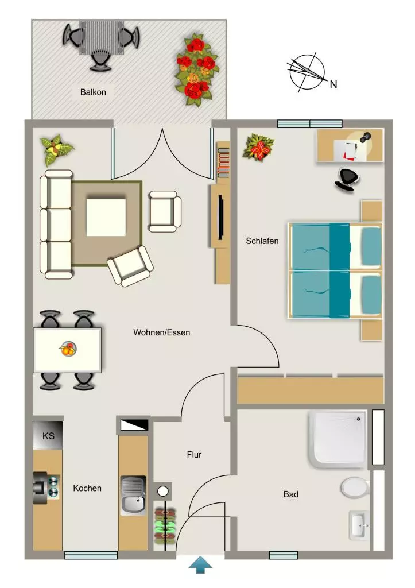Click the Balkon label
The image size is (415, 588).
(x=93, y=92)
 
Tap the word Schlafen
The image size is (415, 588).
(x=262, y=241)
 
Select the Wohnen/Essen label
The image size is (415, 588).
(x=161, y=332)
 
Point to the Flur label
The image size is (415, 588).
(x=194, y=455)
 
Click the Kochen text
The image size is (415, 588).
(x=87, y=488)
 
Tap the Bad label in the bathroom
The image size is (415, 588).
(x=291, y=494)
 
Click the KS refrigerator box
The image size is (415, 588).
(x=48, y=435)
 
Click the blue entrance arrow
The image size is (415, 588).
(x=200, y=564)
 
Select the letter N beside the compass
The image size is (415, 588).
(x=333, y=84)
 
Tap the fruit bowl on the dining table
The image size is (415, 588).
(x=68, y=349)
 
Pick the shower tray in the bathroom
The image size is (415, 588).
(x=338, y=439)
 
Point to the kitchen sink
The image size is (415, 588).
(x=133, y=496)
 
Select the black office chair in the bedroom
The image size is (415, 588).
(x=346, y=179)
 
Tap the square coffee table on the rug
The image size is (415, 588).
(x=106, y=217)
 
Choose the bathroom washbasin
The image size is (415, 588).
(x=358, y=525)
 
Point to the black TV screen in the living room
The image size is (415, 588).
(x=221, y=216)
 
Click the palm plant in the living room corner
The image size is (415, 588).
(x=56, y=150)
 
